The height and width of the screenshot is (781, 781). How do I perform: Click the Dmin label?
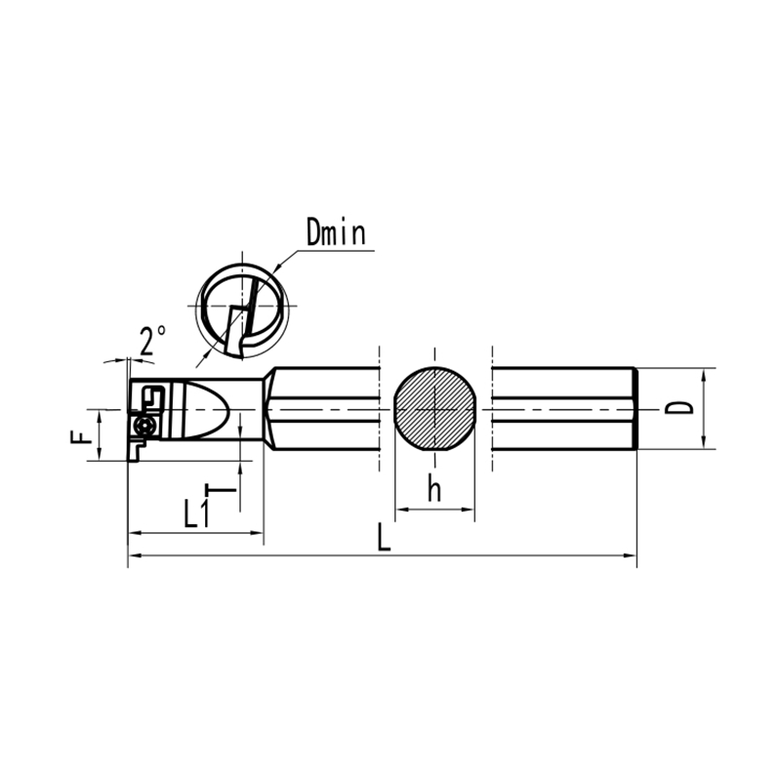[335, 233]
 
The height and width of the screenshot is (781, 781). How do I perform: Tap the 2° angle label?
[151, 342]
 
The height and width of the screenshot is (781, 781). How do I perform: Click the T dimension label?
[225, 493]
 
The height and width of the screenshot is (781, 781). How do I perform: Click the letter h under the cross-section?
[433, 491]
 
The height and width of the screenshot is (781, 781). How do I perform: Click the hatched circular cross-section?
[434, 409]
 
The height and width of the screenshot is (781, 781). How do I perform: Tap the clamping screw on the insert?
[146, 427]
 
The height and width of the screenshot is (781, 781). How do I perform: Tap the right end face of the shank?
[636, 408]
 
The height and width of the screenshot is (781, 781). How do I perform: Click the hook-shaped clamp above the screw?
[152, 397]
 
